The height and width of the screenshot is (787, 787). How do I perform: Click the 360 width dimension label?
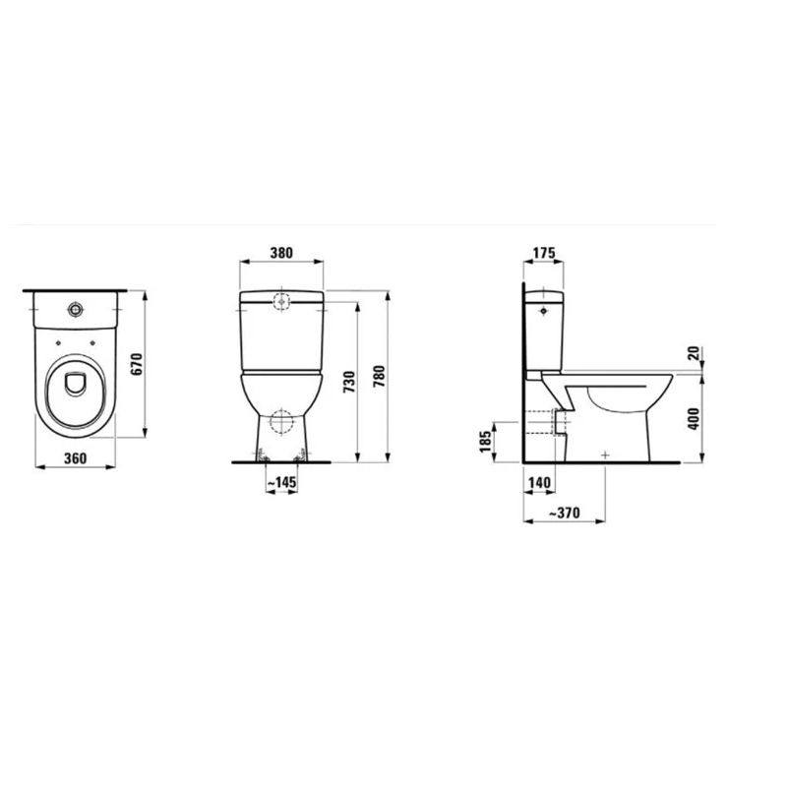[69, 458]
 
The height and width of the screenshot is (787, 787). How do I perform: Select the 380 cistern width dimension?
[281, 252]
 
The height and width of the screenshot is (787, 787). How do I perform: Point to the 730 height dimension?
[347, 382]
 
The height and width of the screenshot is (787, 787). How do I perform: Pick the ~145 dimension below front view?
[281, 482]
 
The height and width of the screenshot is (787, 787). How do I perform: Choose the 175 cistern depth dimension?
[541, 252]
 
